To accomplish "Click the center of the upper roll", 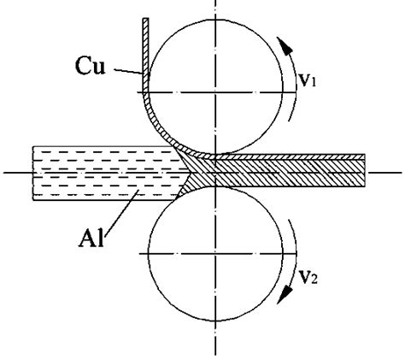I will pyautogui.click(x=216, y=91).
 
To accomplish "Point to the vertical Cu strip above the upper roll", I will pyautogui.click(x=147, y=51).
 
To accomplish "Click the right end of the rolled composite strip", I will pyautogui.click(x=365, y=170).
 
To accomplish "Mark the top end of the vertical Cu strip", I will pyautogui.click(x=147, y=21).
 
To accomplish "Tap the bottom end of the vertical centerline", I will pyautogui.click(x=216, y=353).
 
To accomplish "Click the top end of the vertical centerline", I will pyautogui.click(x=216, y=3).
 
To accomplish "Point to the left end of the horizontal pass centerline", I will pyautogui.click(x=5, y=173).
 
